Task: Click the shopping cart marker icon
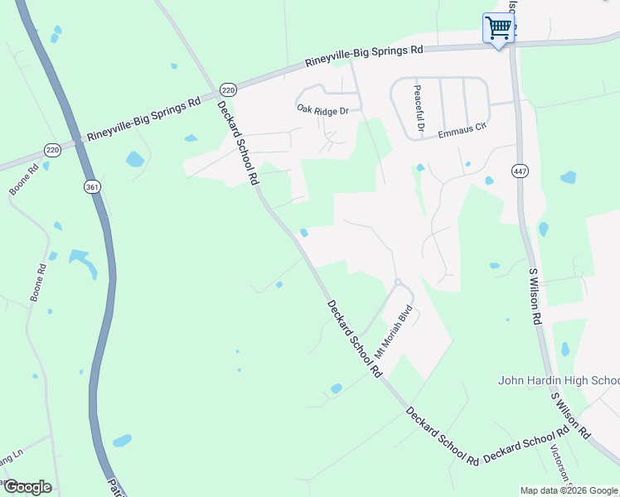point(498,28)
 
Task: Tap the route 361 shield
point(91,187)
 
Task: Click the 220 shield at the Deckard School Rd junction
point(229,89)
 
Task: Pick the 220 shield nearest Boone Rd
point(53,150)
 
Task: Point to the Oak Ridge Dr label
point(323,109)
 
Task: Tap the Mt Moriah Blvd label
point(393,329)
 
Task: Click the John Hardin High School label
point(558,381)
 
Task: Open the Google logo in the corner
point(27,486)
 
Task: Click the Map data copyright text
point(569,490)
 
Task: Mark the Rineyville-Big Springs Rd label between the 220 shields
point(143,119)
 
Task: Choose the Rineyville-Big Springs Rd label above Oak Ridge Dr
point(364,55)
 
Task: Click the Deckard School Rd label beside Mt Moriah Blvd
point(354,339)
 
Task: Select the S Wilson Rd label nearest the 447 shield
point(535,295)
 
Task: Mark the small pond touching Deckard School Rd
point(304,233)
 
